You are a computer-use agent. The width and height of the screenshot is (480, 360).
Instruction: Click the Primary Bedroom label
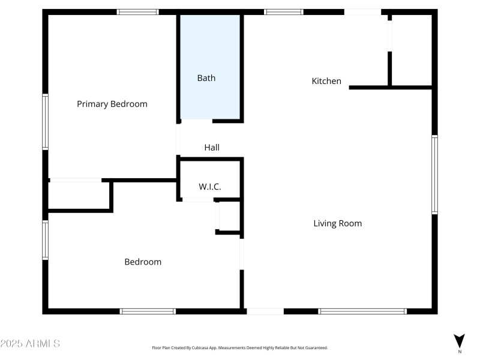point(112,104)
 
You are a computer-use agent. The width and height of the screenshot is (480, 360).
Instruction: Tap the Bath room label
point(206,78)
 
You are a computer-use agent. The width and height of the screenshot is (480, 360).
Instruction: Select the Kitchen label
point(326,81)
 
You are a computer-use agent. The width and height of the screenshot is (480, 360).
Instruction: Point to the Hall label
point(212,147)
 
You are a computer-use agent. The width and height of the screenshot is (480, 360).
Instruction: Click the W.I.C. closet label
point(210,187)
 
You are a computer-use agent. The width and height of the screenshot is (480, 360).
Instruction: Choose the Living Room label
point(338,223)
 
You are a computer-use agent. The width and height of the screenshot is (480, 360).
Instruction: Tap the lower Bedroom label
point(143,262)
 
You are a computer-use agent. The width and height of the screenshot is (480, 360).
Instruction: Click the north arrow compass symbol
point(460,340)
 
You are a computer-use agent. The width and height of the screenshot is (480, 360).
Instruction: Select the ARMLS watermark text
point(30,344)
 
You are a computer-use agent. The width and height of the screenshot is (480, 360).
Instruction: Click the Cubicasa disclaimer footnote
point(240,347)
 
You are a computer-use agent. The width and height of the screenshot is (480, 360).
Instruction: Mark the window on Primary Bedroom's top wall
point(137,11)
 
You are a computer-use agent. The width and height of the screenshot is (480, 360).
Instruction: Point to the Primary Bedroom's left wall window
point(45,121)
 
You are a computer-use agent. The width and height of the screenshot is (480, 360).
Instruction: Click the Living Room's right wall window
point(434,175)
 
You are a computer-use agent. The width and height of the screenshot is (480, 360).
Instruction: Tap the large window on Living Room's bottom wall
point(362,311)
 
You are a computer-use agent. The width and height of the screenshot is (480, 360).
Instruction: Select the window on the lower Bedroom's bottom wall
point(148,311)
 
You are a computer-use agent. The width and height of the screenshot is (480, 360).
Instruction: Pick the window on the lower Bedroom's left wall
point(45,240)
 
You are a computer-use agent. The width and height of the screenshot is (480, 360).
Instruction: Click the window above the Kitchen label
point(284,11)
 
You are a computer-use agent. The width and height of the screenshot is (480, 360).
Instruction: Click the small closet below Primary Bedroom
point(79,194)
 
